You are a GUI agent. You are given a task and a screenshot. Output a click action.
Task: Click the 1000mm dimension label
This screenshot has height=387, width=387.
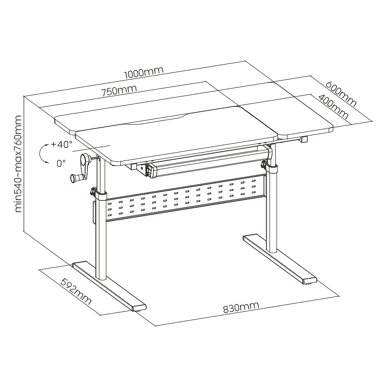(144, 72)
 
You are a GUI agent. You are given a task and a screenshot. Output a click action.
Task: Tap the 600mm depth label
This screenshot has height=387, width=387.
(341, 94)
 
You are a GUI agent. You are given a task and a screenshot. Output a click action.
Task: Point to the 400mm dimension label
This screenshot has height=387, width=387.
(333, 106)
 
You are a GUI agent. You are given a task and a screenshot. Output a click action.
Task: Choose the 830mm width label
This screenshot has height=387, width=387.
(241, 307)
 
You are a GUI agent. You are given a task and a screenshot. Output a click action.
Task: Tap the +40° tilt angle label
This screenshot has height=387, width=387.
(62, 144)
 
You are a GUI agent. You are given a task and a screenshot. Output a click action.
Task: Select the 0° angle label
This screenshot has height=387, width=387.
(61, 163)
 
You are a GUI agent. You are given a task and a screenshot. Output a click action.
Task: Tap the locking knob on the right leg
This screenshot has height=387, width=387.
(264, 164)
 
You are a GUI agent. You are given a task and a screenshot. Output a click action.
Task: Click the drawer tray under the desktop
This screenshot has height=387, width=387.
(207, 163)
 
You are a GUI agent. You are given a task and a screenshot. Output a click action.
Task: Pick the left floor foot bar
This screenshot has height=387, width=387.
(110, 286)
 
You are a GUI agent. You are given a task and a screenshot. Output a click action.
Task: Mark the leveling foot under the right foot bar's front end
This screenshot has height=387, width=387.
(310, 284)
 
